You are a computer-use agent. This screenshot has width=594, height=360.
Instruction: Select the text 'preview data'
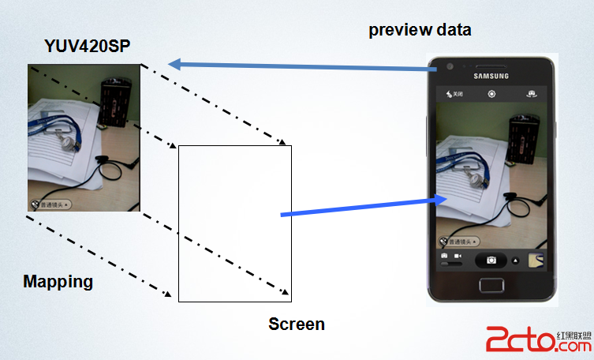tap(420, 31)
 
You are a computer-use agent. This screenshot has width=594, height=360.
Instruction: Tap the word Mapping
tap(58, 281)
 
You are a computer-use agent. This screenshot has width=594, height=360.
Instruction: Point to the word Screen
tap(297, 324)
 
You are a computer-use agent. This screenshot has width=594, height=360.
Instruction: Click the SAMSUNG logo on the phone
tap(491, 77)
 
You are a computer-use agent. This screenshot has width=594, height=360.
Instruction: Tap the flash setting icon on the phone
tap(454, 94)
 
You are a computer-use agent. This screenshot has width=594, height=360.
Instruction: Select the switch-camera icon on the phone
tap(532, 94)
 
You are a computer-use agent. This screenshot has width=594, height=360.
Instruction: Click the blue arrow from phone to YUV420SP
tap(300, 66)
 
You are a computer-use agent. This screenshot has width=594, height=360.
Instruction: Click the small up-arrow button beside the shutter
tap(516, 260)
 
